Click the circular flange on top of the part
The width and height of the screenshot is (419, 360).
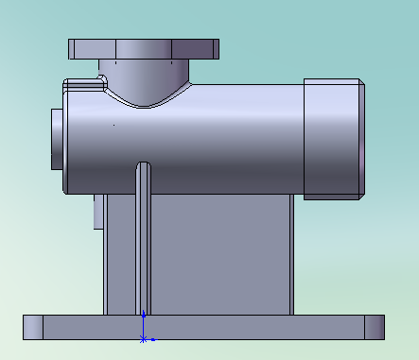pyautogui.click(x=144, y=48)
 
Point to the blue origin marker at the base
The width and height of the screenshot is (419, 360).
pyautogui.click(x=143, y=336)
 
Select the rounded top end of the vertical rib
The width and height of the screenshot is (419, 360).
pyautogui.click(x=143, y=167)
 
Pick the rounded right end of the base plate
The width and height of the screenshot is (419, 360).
pyautogui.click(x=375, y=327)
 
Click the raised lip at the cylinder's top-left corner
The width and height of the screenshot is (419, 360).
pyautogui.click(x=82, y=84)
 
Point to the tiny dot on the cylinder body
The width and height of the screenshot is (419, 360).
pyautogui.click(x=113, y=124)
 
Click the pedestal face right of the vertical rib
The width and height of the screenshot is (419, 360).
pyautogui.click(x=218, y=255)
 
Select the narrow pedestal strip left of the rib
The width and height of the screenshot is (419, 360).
pyautogui.click(x=120, y=255)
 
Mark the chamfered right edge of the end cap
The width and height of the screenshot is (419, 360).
pyautogui.click(x=361, y=138)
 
